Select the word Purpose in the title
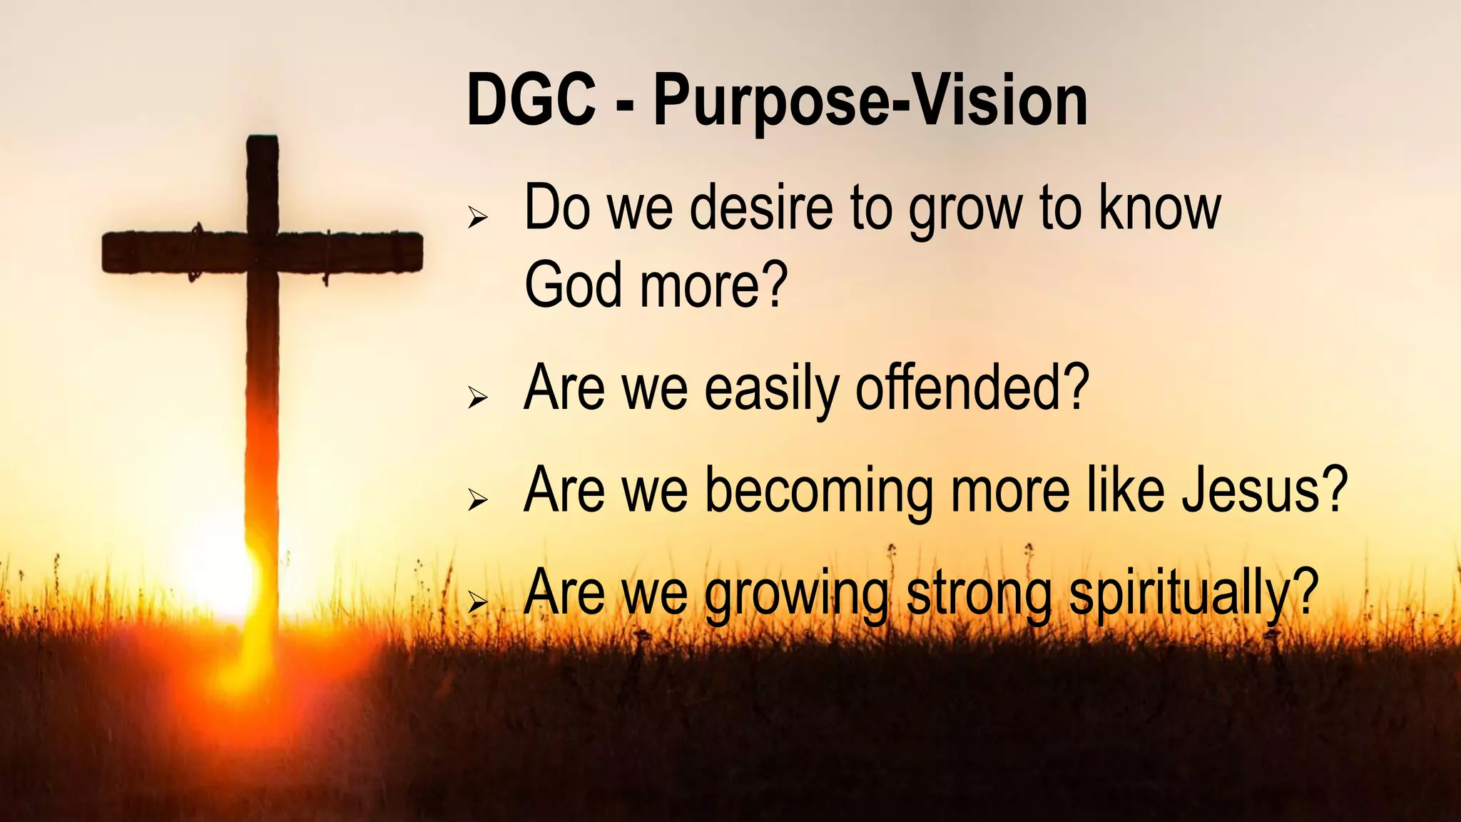point(770,103)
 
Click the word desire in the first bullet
point(761,208)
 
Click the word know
point(1159,208)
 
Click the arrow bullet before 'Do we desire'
point(477,217)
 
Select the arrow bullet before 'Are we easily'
point(477,397)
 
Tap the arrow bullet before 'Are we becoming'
point(477,499)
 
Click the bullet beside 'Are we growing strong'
point(477,603)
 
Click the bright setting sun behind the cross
point(218,571)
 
